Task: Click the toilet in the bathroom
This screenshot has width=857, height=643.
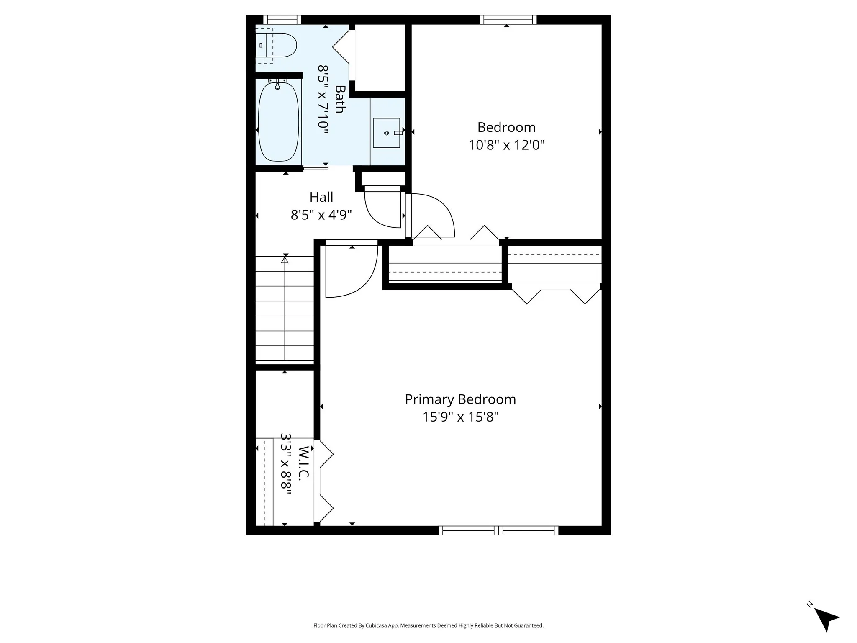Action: click(278, 45)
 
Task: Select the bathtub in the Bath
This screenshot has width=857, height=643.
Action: click(278, 122)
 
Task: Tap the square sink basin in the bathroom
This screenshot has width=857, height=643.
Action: click(386, 133)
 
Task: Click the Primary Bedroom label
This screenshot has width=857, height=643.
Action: click(460, 399)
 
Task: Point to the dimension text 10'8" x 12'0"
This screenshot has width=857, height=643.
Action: click(506, 145)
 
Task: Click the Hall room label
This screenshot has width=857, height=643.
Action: click(321, 197)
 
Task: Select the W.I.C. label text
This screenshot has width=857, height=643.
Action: click(304, 463)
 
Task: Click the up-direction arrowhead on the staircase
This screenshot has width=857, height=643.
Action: click(285, 260)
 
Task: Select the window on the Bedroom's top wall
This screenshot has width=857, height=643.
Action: click(508, 20)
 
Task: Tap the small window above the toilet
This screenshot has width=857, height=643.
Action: click(282, 20)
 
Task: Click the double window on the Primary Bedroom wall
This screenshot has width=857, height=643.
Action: click(498, 530)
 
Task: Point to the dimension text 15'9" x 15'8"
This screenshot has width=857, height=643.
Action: click(460, 417)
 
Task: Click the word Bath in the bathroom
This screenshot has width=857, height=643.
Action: click(339, 99)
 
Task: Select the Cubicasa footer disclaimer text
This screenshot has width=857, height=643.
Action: click(428, 625)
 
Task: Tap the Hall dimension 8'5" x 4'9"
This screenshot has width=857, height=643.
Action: click(321, 215)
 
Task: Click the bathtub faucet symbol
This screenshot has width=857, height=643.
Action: click(277, 85)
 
